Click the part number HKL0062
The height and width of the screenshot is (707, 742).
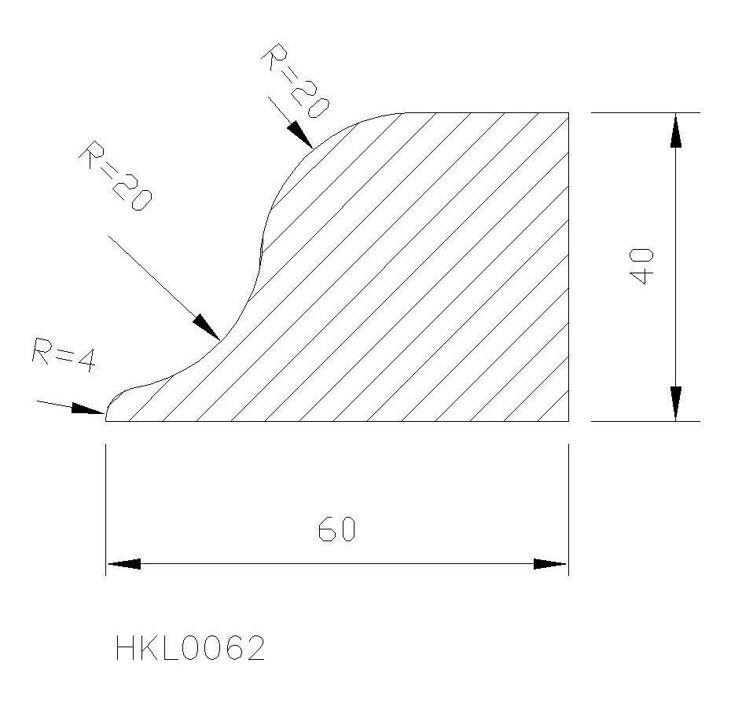tap(189, 648)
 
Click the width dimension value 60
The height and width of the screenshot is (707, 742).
tap(336, 529)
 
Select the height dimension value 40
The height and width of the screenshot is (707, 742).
tap(643, 266)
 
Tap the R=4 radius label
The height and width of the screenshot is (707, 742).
tap(64, 355)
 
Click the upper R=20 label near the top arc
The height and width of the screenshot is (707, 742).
tap(294, 80)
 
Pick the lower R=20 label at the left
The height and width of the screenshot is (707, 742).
tap(116, 175)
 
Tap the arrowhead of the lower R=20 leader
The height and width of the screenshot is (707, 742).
tap(206, 327)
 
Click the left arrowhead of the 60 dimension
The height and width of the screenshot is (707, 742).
tap(124, 564)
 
